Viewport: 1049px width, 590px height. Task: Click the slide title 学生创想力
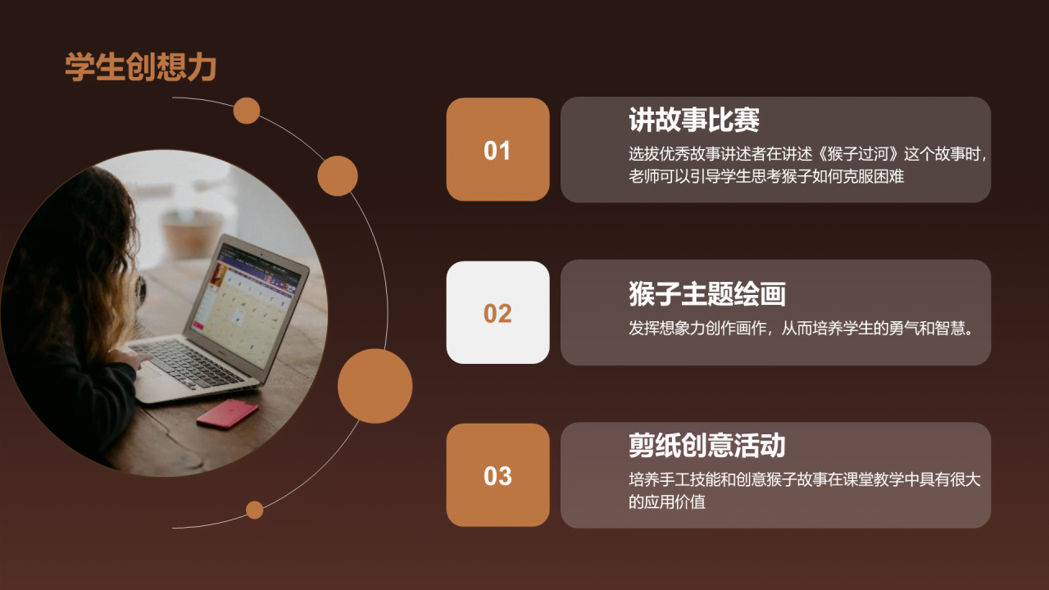coord(140,67)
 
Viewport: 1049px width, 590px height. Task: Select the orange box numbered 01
coord(497,149)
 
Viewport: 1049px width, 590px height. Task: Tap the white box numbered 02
coord(497,312)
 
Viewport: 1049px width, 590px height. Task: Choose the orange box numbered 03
coord(497,474)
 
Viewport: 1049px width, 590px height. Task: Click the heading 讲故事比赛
coord(693,120)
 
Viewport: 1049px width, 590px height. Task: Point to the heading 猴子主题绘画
coord(706,293)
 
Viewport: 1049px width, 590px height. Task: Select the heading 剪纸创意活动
coord(706,445)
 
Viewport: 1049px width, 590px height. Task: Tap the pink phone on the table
coord(227,414)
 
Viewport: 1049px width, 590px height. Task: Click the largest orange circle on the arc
coord(375,386)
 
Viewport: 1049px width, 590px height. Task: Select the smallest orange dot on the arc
coord(255,510)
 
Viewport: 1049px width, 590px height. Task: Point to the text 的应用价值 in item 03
coord(667,502)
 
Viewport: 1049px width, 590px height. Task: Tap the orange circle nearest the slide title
coord(247,111)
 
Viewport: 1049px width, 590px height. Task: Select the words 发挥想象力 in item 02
coord(666,329)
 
